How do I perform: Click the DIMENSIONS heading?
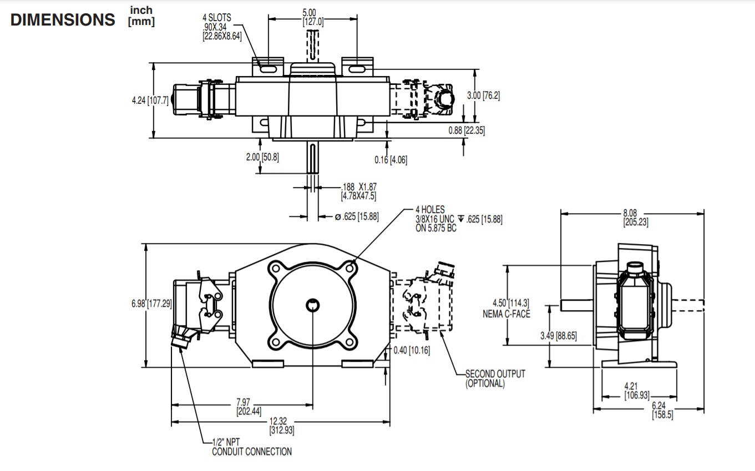click(63, 20)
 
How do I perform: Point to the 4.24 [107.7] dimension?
click(150, 101)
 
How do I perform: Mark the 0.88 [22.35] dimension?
click(467, 130)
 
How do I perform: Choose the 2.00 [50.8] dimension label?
click(262, 157)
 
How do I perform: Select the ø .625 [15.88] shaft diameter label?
click(357, 216)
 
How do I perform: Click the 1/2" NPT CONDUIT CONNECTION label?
click(251, 447)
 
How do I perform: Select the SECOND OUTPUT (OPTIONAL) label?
click(495, 378)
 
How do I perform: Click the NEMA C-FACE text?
click(506, 314)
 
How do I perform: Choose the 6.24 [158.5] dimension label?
click(662, 411)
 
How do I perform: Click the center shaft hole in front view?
click(313, 304)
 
